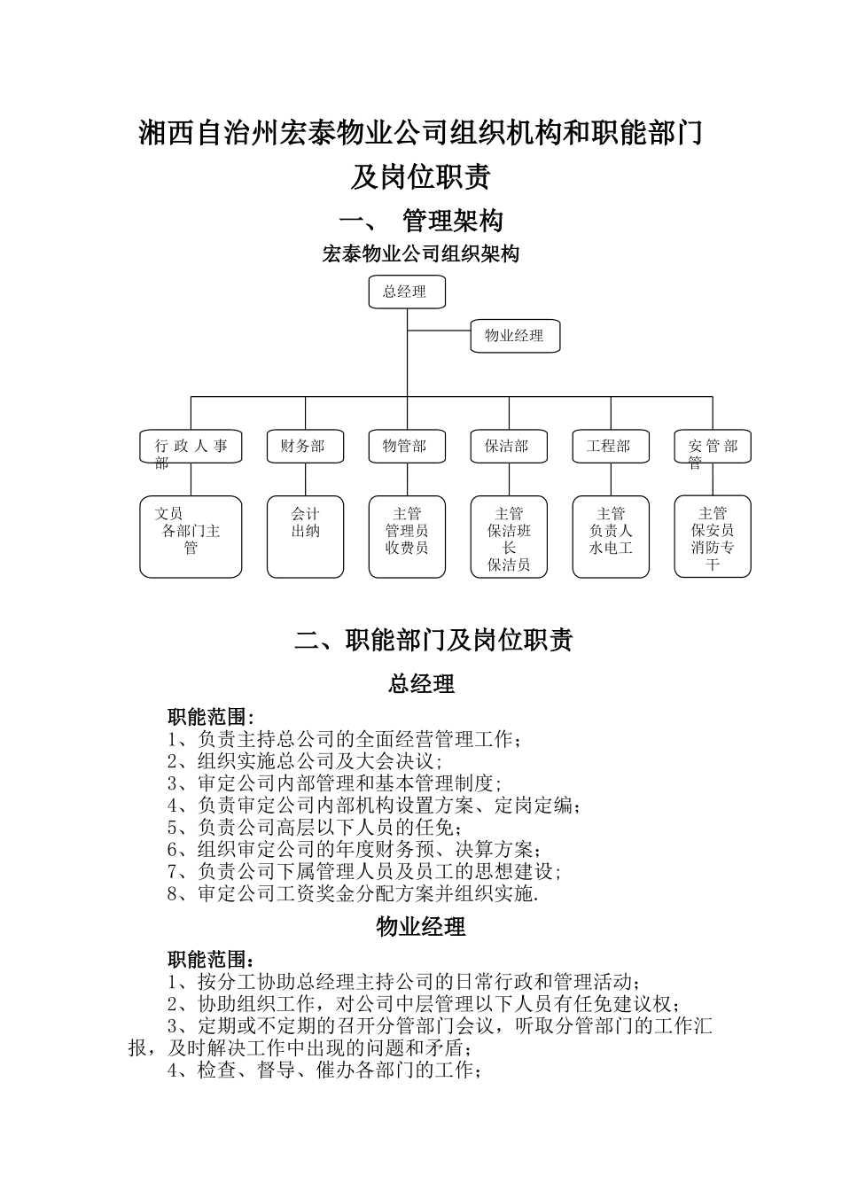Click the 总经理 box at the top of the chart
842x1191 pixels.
click(407, 292)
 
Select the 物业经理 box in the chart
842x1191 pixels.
click(514, 336)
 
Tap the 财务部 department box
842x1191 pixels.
click(305, 447)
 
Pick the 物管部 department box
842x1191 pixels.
click(407, 447)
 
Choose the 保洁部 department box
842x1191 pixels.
click(509, 447)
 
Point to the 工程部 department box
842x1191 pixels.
click(611, 447)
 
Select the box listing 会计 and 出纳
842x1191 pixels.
click(305, 536)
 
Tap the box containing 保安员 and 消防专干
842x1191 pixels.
click(713, 536)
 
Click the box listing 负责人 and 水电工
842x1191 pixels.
click(611, 536)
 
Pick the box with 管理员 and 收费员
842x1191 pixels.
click(407, 536)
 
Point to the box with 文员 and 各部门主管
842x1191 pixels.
click(191, 536)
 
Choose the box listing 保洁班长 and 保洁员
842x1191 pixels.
click(509, 536)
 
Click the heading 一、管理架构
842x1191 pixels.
click(421, 220)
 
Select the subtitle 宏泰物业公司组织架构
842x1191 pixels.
click(421, 254)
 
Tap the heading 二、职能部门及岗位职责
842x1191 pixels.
click(433, 640)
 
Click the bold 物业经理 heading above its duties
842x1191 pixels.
click(421, 927)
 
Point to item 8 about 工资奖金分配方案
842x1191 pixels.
click(353, 893)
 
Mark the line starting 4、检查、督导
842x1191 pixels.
click(324, 1070)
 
